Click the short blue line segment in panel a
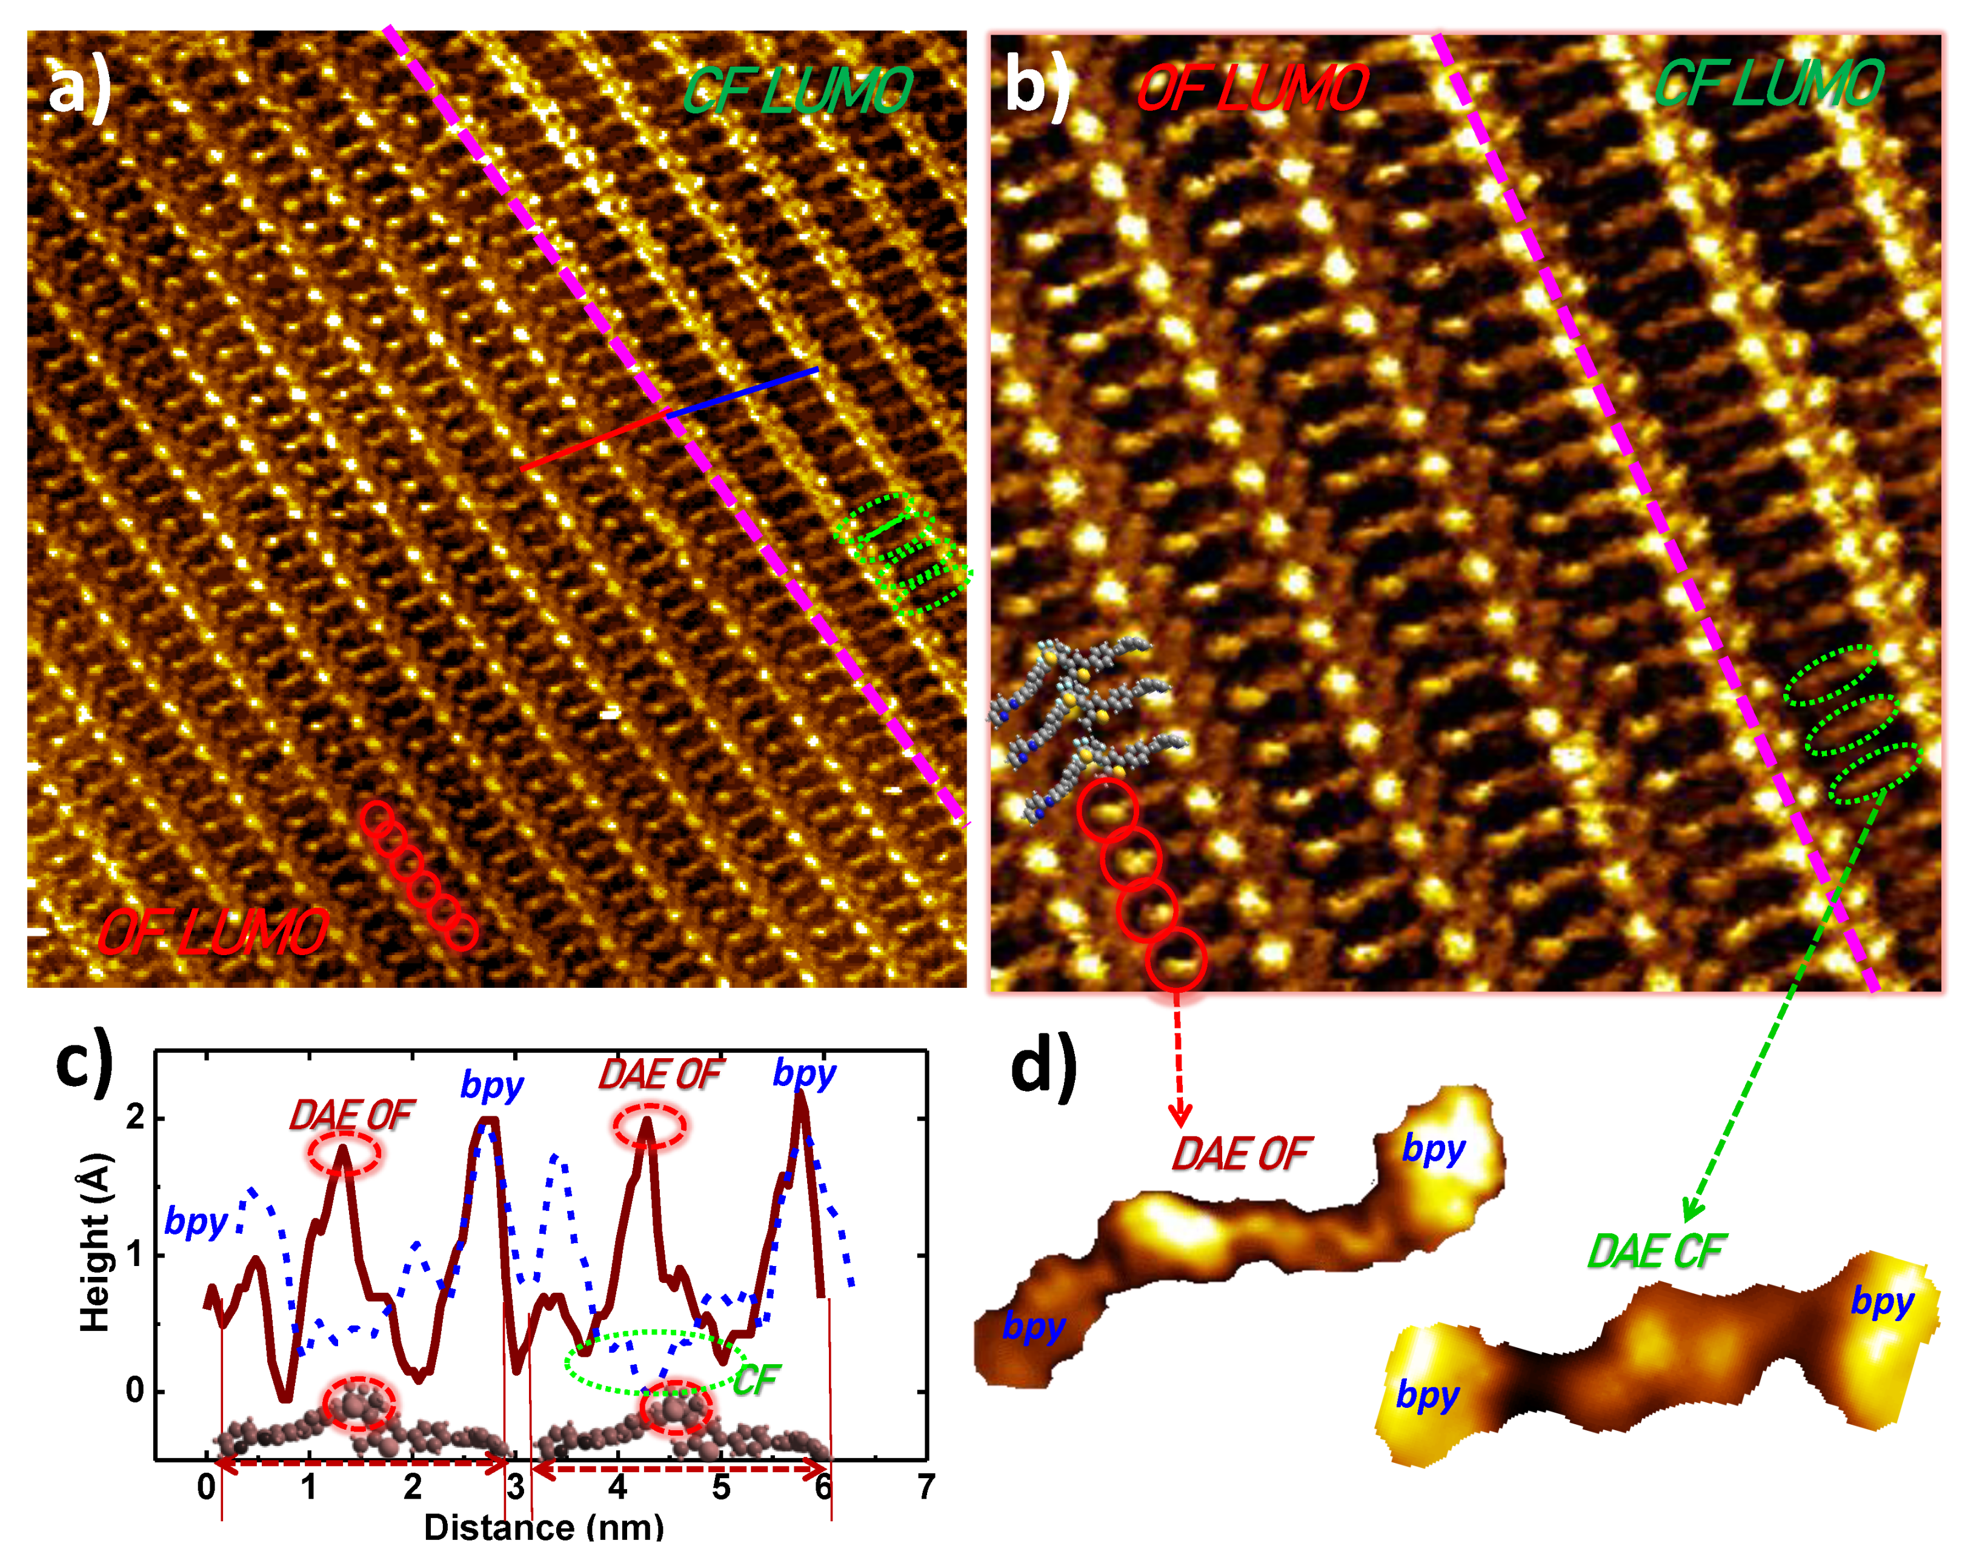pos(742,393)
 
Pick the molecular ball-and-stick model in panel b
pos(1086,724)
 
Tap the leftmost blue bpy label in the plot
pos(195,1222)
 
